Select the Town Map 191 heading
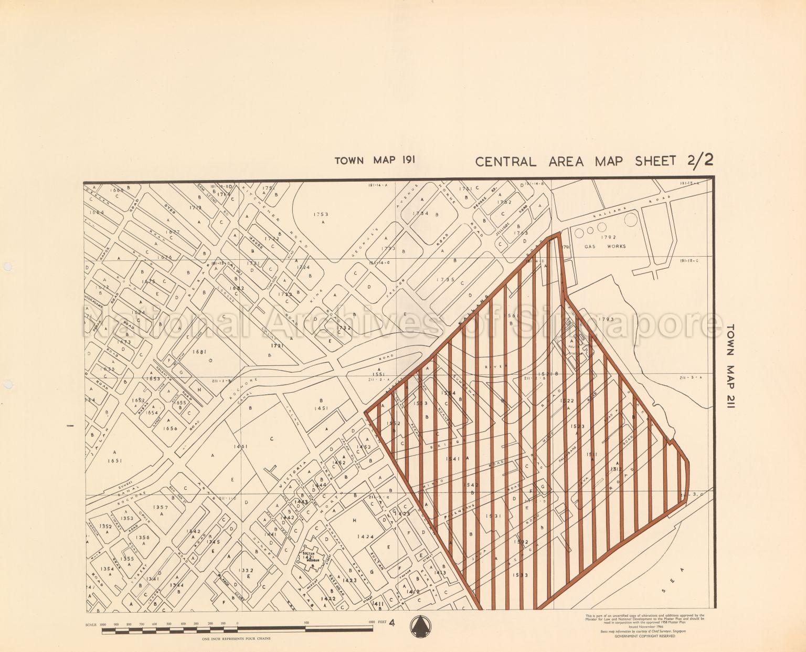[375, 160]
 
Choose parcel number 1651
[113, 460]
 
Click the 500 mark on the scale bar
[306, 623]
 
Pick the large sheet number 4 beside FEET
[392, 623]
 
